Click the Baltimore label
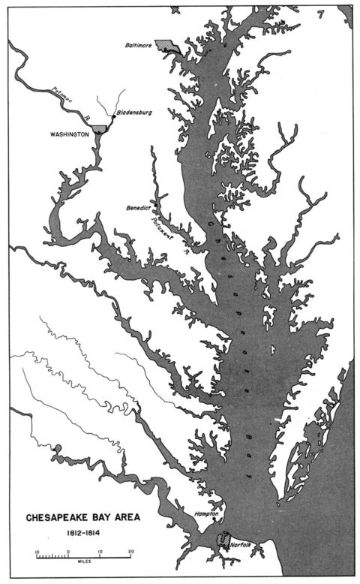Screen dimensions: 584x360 pyautogui.click(x=138, y=46)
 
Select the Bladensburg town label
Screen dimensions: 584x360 pyautogui.click(x=135, y=113)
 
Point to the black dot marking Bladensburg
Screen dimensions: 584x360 pyautogui.click(x=113, y=117)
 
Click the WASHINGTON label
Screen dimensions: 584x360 pyautogui.click(x=71, y=134)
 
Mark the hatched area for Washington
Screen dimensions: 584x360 pyautogui.click(x=100, y=130)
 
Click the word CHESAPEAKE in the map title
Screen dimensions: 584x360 pyautogui.click(x=59, y=517)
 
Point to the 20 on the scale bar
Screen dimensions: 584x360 pyautogui.click(x=130, y=551)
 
